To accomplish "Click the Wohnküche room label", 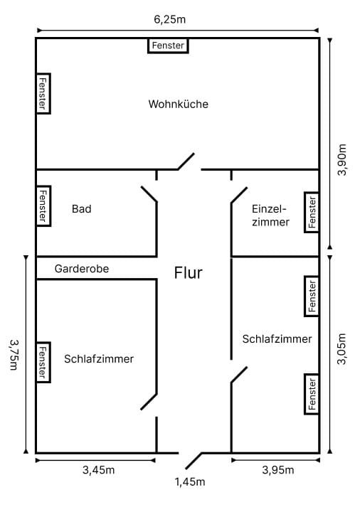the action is coord(178,104).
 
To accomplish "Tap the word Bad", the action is coord(82,209).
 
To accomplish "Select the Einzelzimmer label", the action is coord(270,215).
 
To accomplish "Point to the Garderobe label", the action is coord(82,269).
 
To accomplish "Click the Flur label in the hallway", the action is coord(189,272).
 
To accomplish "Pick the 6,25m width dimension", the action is coord(170,19).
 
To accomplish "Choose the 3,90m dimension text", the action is coord(342,160).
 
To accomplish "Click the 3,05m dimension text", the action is coord(342,349).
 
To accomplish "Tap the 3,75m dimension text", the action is coord(14,354).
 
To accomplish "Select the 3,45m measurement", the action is coord(99,470).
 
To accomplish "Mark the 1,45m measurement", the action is coord(190,482).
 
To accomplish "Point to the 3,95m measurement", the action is coord(278,470).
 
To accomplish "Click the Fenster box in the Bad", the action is coord(43,206).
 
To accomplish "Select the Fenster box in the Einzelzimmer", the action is coord(312,212).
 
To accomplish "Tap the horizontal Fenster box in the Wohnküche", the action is coord(168,46).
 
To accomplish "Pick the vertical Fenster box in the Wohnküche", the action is coord(43,93).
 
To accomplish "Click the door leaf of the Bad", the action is coord(149,194).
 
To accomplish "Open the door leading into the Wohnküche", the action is coord(186,161).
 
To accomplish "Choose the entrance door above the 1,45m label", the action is coord(194,461).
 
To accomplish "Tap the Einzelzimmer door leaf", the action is coord(239,195).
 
